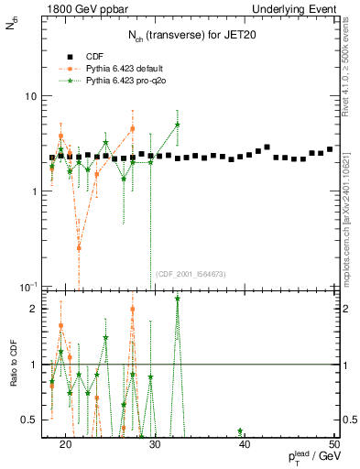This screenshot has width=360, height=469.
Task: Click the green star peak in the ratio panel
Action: [177, 299]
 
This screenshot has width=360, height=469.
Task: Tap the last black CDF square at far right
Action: [330, 149]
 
